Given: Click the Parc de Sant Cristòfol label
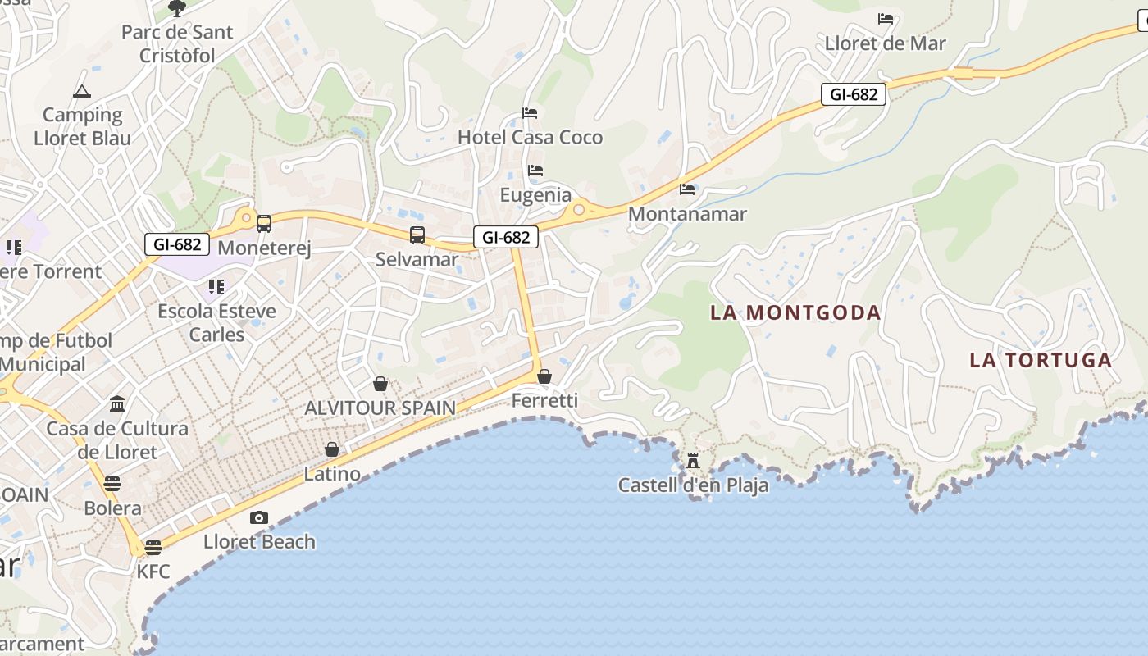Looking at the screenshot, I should (177, 44).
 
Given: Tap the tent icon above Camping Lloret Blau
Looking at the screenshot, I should (81, 91).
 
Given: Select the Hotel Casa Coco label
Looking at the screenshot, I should (530, 137).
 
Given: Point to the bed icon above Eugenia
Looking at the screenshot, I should (535, 171).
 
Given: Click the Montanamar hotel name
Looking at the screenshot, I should (687, 214).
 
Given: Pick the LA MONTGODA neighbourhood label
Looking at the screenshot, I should (795, 312).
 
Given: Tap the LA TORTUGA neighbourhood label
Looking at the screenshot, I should (1041, 360).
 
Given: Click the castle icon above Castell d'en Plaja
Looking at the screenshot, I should (693, 460).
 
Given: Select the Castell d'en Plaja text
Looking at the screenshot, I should (693, 485).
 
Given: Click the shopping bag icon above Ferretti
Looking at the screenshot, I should (544, 376).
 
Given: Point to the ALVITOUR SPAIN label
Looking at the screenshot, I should (380, 408).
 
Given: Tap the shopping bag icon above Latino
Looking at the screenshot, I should (332, 449).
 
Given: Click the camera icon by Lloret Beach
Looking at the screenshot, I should (259, 517).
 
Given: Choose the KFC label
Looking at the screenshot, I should (153, 572).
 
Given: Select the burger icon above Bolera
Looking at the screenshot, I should (112, 484).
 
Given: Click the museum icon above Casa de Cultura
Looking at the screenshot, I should (117, 404).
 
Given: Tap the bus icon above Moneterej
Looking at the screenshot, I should (264, 223).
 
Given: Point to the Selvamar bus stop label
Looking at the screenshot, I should (417, 259).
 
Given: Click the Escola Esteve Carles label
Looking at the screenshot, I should (216, 322).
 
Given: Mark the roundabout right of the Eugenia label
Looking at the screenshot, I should (579, 209).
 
